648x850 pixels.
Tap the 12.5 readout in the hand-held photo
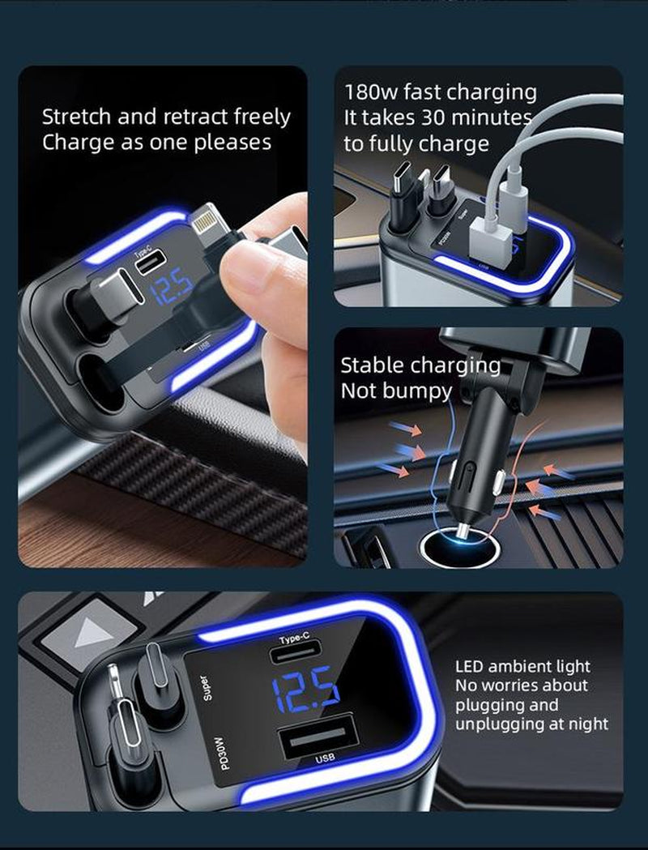pos(171,286)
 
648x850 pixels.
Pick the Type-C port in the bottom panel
pos(296,652)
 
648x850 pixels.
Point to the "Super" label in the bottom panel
pos(205,687)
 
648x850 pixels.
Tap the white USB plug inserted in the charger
pos(489,239)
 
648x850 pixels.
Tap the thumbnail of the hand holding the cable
pos(163,317)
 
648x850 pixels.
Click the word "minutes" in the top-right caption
pos(491,117)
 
